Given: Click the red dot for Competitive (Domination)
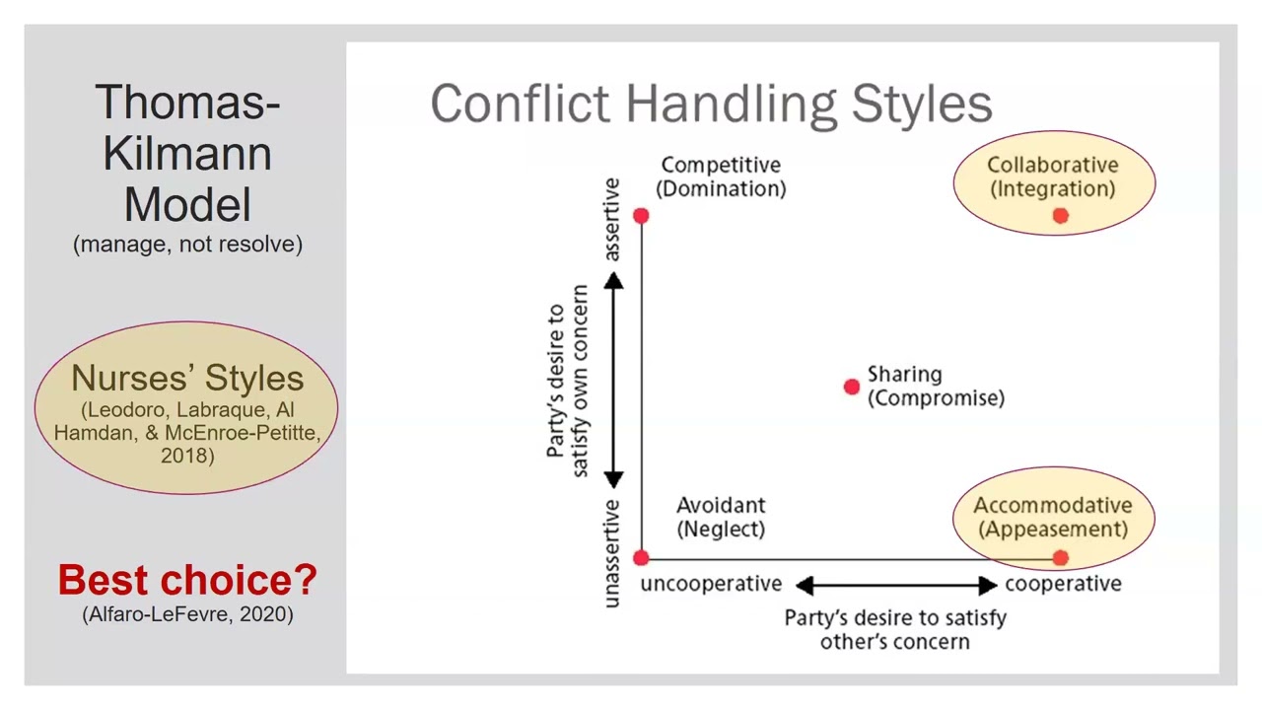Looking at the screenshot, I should [x=641, y=215].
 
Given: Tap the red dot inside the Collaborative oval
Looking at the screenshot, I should [x=1060, y=215].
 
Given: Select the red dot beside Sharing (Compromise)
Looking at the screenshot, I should [x=852, y=387].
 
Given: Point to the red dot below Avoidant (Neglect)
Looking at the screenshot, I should [x=641, y=558].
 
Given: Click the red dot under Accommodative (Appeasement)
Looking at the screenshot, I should [x=1060, y=558].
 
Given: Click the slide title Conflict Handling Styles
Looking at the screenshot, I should [x=711, y=104].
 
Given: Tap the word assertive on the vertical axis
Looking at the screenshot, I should [x=611, y=219].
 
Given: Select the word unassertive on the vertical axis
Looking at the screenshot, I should [x=611, y=553].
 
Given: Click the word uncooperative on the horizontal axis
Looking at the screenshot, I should [x=711, y=584].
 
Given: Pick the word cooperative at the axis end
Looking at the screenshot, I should [x=1063, y=584].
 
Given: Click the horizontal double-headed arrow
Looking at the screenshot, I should [x=895, y=586].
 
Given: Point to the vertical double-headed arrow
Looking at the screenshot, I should [x=613, y=381].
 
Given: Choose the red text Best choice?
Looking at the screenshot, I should [x=187, y=580].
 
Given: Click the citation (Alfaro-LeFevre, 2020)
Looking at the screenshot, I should [x=187, y=614].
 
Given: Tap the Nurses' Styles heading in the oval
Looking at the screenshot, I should [x=187, y=378].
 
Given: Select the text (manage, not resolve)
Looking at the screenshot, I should [x=187, y=244].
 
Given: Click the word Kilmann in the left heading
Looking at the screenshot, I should [x=187, y=154].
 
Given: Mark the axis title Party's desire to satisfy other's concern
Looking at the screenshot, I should [x=895, y=629].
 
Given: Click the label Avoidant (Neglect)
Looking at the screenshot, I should [x=721, y=517].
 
